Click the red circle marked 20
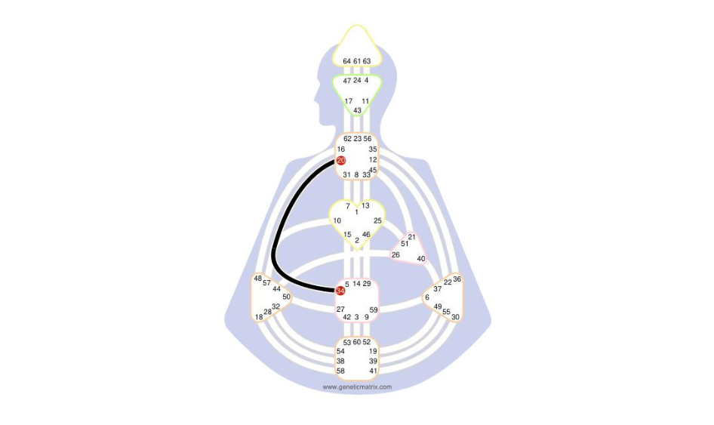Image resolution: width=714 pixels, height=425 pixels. click(341, 160)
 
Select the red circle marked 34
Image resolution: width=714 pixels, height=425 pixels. click(340, 291)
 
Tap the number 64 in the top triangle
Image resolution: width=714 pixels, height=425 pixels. click(347, 61)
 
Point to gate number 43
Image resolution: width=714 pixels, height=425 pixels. click(358, 110)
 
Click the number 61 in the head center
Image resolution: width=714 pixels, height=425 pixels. click(357, 61)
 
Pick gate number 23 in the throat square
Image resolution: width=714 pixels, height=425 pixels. click(358, 138)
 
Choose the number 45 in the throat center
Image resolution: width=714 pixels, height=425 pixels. click(373, 170)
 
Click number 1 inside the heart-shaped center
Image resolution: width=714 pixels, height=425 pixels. click(356, 212)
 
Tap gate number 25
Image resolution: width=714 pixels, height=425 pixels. click(377, 220)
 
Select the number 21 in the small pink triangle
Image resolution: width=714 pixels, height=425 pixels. click(411, 237)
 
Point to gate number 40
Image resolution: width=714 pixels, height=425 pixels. click(421, 259)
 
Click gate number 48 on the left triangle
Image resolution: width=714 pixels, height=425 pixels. click(257, 279)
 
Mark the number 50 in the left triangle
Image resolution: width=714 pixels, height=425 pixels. click(286, 297)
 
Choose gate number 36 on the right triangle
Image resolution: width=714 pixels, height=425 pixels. click(457, 279)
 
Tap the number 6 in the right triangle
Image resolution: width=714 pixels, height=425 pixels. click(427, 297)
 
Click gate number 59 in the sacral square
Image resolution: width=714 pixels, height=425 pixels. click(374, 310)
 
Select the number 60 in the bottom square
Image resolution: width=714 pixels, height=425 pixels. click(357, 342)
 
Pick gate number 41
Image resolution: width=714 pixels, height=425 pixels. click(374, 371)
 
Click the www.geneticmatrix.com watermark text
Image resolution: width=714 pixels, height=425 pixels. click(357, 387)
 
